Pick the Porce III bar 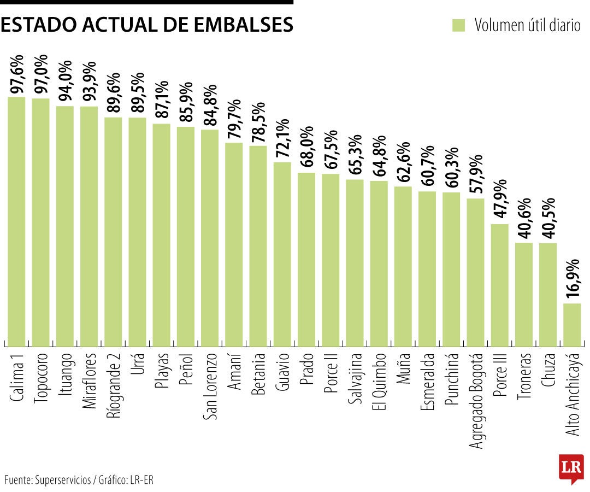coord(499,285)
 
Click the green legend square coord(459,25)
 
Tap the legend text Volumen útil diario coord(527,25)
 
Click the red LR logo coord(570,468)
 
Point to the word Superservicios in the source coord(63,481)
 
